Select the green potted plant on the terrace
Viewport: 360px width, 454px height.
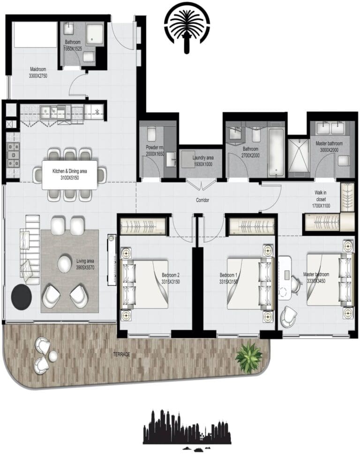click(248, 358)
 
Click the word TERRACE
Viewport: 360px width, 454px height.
click(120, 354)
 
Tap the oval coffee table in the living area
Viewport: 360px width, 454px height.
click(65, 264)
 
